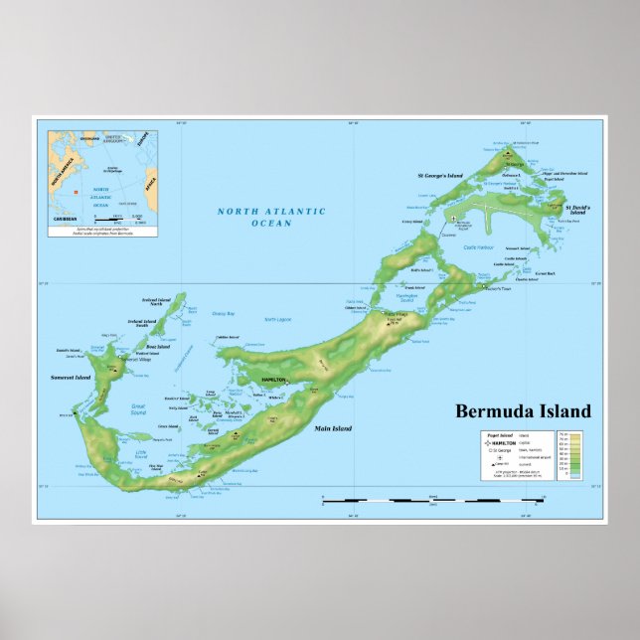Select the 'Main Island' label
(332, 429)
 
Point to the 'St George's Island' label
(439, 176)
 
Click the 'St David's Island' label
(577, 210)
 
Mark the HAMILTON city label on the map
(273, 381)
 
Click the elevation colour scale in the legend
(574, 455)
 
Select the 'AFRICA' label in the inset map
(151, 183)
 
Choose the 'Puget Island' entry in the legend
(499, 434)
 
